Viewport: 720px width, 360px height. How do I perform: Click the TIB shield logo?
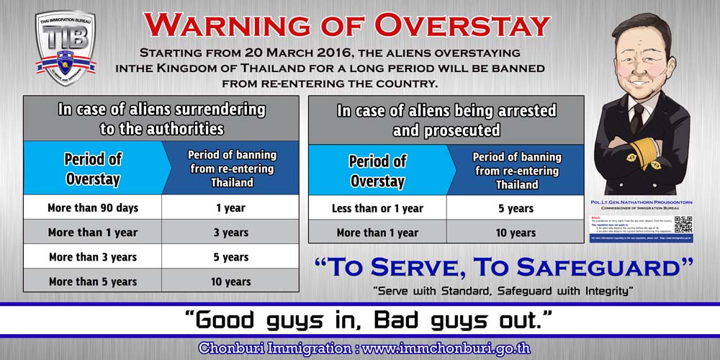[66, 49]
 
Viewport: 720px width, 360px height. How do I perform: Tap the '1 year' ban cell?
[230, 207]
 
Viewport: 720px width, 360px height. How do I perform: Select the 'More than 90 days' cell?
[93, 207]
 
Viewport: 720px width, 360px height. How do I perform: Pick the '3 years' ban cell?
[230, 232]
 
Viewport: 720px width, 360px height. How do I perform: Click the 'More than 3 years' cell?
[93, 256]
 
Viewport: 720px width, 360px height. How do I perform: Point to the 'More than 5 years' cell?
[93, 281]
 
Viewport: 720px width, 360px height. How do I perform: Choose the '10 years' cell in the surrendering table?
[230, 281]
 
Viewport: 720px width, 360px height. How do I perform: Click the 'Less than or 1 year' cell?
[377, 208]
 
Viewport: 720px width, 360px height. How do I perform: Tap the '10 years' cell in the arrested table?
[516, 232]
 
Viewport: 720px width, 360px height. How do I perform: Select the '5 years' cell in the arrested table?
[516, 208]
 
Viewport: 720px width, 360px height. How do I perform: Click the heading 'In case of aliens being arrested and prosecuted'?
[446, 120]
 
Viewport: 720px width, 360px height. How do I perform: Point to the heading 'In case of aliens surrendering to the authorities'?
[161, 119]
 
